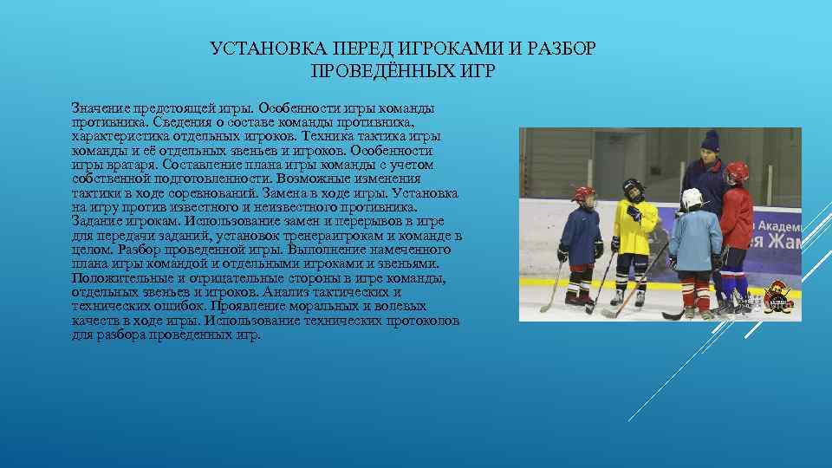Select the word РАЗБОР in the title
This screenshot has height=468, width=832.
click(564, 49)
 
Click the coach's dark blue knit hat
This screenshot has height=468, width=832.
click(711, 140)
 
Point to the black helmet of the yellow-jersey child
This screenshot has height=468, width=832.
click(632, 188)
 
